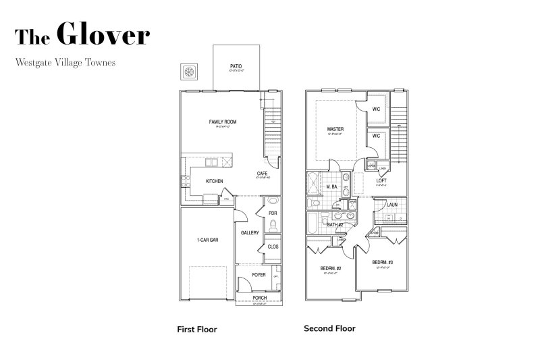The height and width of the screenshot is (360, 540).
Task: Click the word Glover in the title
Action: (103, 34)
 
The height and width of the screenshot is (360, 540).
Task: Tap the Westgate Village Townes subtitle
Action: (65, 61)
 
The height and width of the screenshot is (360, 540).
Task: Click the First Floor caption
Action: (196, 330)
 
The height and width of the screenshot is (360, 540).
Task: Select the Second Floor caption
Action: (329, 329)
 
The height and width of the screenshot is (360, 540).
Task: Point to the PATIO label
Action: (236, 66)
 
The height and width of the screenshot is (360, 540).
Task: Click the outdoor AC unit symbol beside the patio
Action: (190, 72)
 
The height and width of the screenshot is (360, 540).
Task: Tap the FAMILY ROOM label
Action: (222, 122)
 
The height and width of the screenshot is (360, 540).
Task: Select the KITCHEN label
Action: (214, 181)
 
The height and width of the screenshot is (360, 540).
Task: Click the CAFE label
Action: (262, 174)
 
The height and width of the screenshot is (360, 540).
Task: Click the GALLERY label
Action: (250, 233)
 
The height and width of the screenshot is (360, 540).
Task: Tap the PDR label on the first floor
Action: (273, 213)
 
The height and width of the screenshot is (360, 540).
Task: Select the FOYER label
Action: (259, 275)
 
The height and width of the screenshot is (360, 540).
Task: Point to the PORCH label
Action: (259, 297)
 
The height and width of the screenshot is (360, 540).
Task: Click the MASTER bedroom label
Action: (335, 128)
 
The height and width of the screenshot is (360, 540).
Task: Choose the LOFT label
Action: (381, 180)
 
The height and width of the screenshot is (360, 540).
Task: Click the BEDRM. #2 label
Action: (331, 269)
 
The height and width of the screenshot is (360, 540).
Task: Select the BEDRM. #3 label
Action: (382, 262)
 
